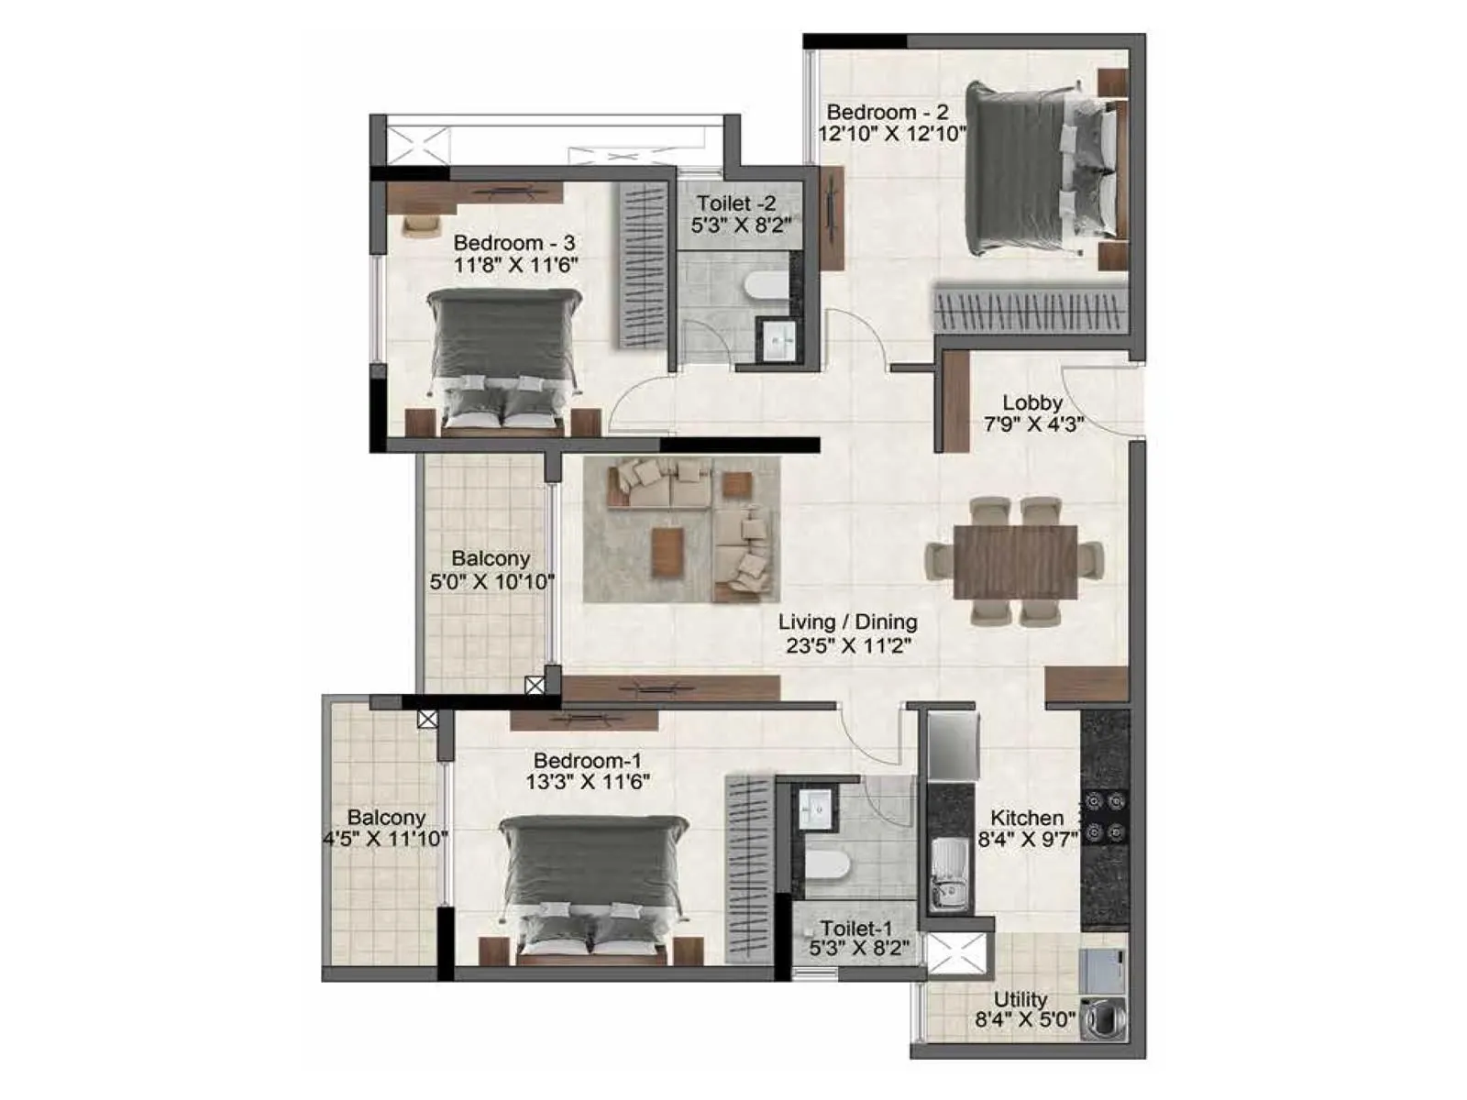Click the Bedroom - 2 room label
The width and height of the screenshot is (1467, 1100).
(887, 113)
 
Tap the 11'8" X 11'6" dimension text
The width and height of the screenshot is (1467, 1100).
(515, 266)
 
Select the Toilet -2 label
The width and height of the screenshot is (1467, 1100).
(736, 203)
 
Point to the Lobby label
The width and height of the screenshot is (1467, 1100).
(1032, 402)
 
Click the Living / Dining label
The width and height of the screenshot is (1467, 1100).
(847, 621)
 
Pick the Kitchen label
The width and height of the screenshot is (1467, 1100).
(1027, 817)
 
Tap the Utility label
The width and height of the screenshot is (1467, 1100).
(1020, 999)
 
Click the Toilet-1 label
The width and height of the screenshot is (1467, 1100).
(856, 929)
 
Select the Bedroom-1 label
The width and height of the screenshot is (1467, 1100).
(588, 760)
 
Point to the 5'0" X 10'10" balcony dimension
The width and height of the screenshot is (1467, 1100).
(491, 581)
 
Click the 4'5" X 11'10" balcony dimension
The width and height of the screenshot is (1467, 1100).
(385, 838)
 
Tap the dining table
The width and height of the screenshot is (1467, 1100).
(1015, 561)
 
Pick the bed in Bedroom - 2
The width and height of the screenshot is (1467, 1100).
(1042, 169)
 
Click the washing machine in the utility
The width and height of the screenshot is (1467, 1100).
(1103, 1018)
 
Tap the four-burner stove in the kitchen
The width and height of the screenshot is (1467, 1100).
(1104, 818)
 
